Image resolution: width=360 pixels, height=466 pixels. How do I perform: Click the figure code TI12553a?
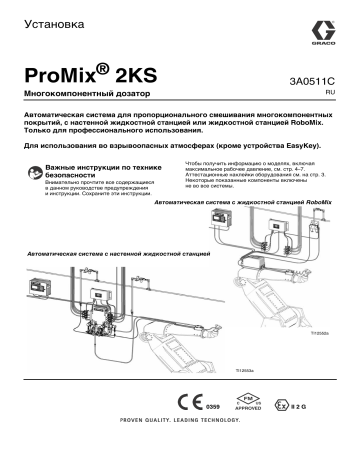(x=238, y=371)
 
